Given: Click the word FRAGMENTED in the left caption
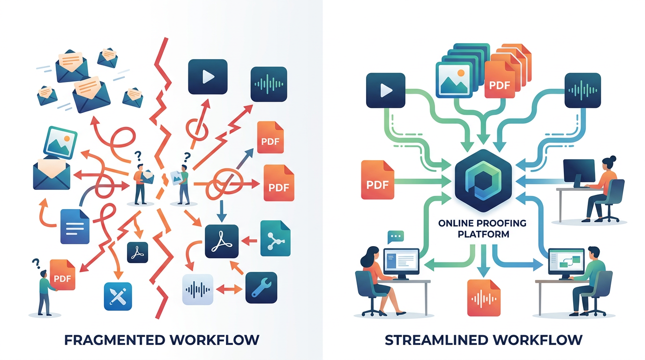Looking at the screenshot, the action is [114, 340].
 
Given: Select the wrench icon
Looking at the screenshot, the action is [261, 288].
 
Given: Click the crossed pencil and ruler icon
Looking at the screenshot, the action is [118, 296].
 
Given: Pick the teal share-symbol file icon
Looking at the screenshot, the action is [275, 238].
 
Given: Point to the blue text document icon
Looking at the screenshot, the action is [75, 227].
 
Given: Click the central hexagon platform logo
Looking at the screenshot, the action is [483, 180].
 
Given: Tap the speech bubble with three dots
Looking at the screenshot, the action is [396, 237].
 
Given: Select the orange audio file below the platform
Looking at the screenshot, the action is [484, 298].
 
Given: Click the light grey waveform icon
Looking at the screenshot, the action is [198, 289].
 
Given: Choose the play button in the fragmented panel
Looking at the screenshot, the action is [208, 76].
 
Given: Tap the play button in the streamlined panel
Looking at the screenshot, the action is [386, 90].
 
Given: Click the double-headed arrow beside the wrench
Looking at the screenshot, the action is [229, 289].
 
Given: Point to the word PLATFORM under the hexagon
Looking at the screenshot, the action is [483, 234].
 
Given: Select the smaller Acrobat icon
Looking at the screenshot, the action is [138, 252].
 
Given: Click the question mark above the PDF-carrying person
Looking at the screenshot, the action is [36, 263].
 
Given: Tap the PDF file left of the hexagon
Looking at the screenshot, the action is [377, 180].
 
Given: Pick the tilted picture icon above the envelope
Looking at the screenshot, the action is [60, 142].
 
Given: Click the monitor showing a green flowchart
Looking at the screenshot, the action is [566, 262].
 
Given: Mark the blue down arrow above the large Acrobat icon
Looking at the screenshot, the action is [221, 211].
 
